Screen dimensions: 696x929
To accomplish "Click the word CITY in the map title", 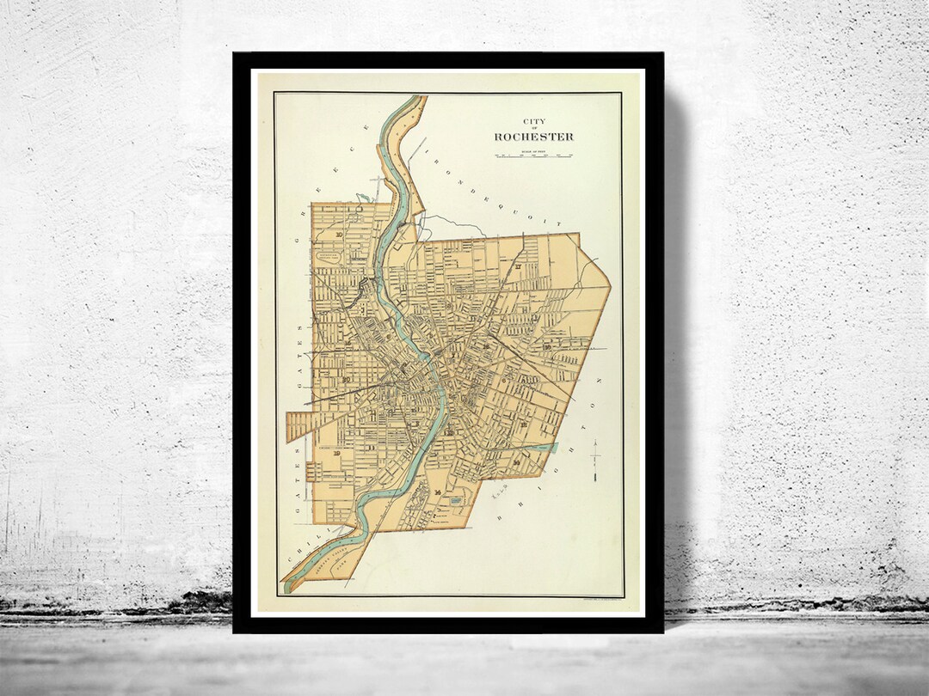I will coord(533,121).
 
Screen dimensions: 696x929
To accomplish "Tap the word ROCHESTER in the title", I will coord(533,137).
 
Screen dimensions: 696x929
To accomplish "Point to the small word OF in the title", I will coord(533,129).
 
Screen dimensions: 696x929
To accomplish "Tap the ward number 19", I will coord(337,453).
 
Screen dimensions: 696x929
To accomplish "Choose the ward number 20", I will coord(345,379).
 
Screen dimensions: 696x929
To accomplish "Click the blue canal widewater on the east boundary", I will coord(544,448).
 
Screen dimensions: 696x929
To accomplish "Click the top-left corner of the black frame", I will coord(235,54).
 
